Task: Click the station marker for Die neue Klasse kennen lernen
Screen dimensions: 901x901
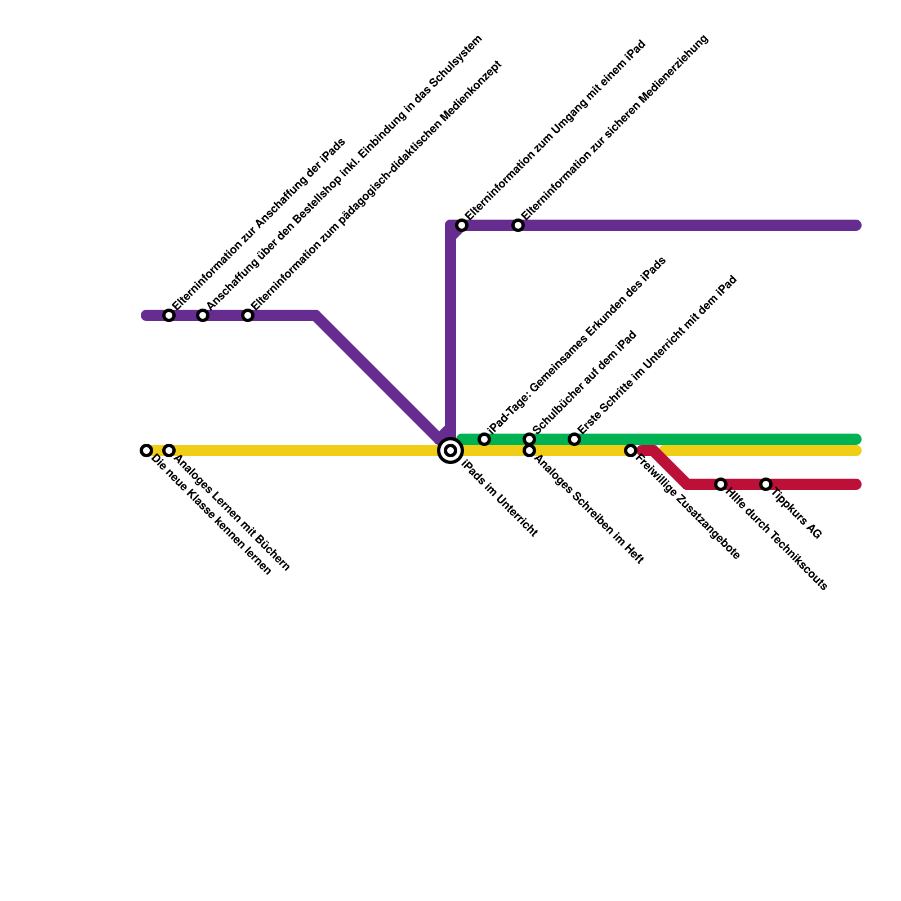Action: point(146,450)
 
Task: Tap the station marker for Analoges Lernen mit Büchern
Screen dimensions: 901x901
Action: point(169,450)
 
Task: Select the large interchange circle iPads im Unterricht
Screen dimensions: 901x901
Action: point(450,450)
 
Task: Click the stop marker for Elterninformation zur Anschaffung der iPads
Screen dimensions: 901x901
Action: point(169,315)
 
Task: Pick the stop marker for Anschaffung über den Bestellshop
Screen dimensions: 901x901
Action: point(203,315)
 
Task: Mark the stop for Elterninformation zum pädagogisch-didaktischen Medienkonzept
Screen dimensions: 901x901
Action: point(248,315)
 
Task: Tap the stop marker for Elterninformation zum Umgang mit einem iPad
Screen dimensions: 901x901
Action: point(462,225)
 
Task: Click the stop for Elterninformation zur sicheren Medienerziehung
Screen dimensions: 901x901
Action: point(518,225)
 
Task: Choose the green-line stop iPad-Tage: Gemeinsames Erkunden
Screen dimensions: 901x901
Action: point(484,439)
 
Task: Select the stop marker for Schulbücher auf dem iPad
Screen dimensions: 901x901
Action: point(529,439)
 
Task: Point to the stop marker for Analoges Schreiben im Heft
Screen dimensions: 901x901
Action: point(529,451)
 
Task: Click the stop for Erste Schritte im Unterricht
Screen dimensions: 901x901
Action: point(574,439)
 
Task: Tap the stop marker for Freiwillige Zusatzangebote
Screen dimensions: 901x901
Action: point(631,450)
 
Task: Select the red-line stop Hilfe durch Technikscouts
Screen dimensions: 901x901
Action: point(721,484)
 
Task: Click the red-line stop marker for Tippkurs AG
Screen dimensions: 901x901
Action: point(766,484)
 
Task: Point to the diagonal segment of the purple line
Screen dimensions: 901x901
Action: point(377,377)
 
